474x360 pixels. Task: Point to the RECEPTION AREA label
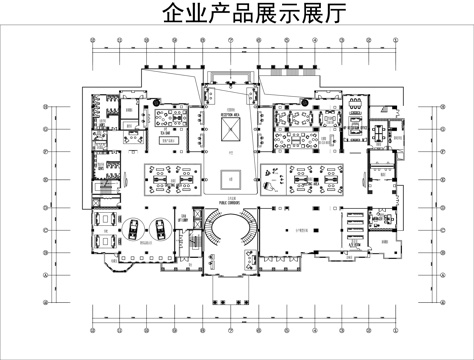click(x=232, y=114)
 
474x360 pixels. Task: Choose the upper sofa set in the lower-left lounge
click(x=103, y=218)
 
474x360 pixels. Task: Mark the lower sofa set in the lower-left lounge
click(x=103, y=241)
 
